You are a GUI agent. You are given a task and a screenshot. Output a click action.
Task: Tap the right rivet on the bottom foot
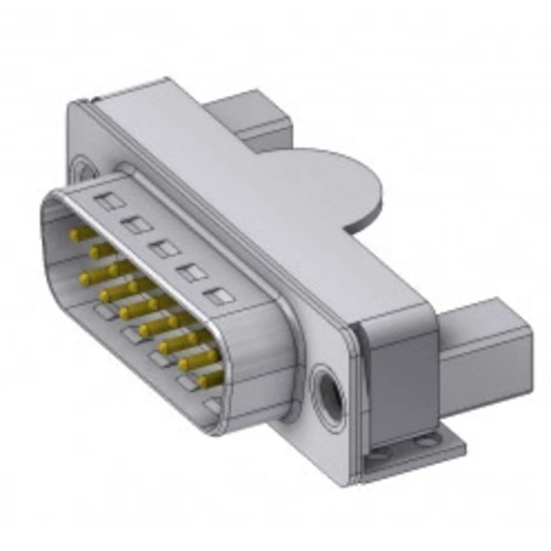click(x=424, y=441)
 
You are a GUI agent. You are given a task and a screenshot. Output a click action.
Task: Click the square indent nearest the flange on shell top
click(x=219, y=296)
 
